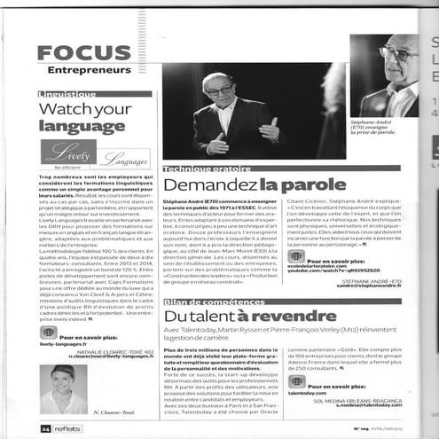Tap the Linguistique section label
(68, 93)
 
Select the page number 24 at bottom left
(45, 427)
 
